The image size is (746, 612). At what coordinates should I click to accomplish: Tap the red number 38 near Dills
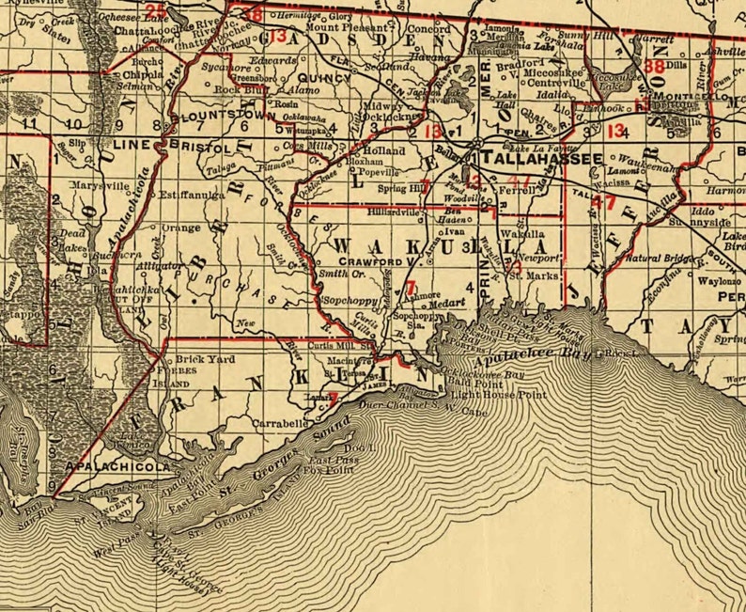click(654, 67)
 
